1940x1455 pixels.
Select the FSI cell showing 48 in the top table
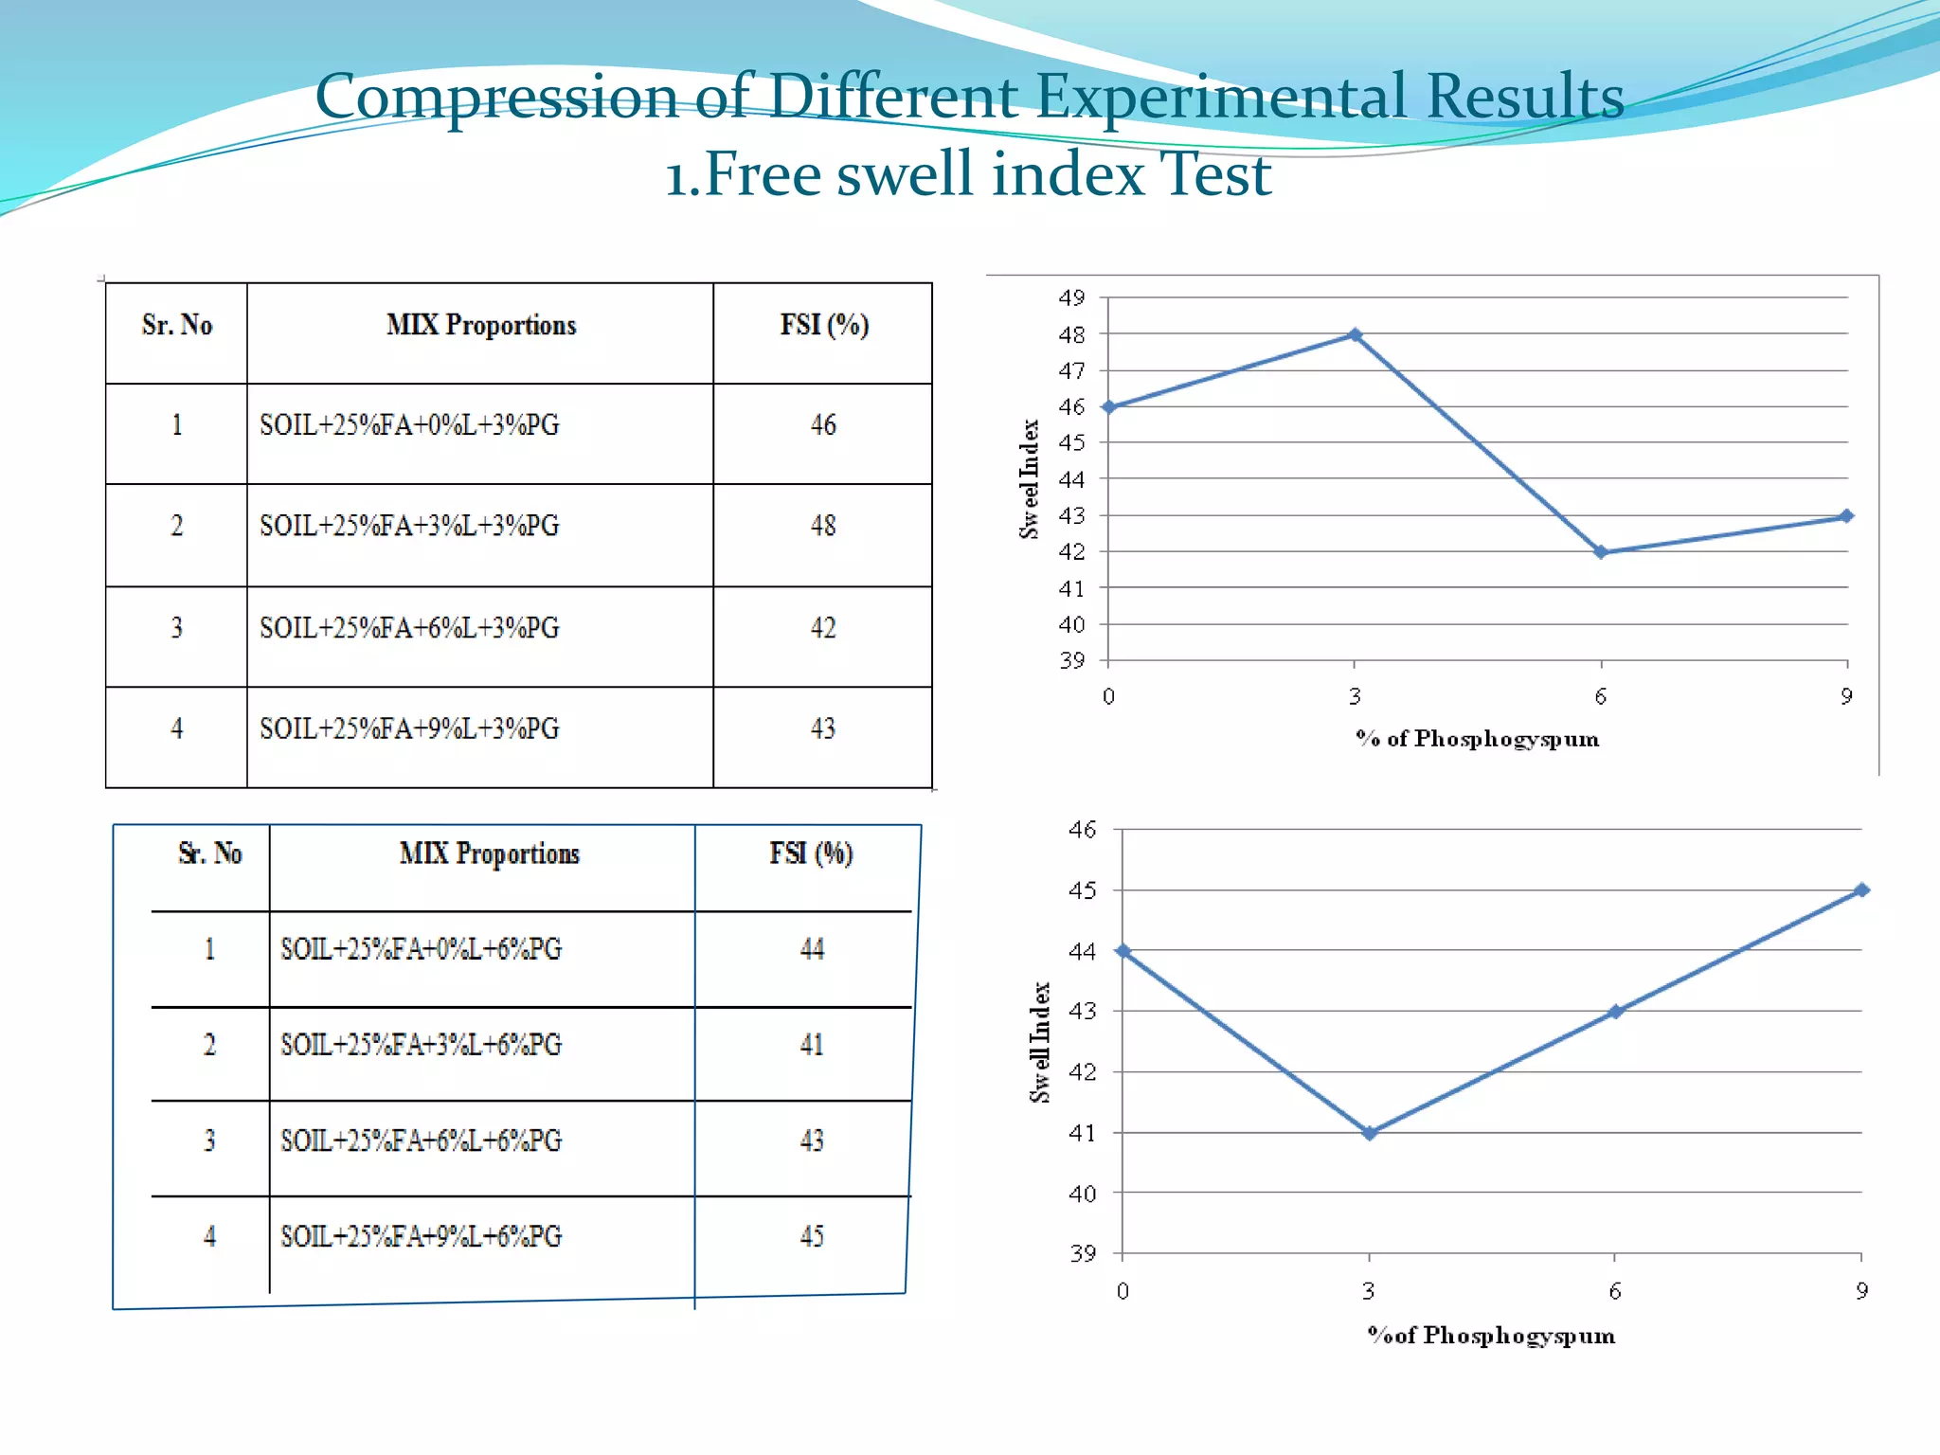point(822,526)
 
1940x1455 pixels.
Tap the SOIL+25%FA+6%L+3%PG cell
point(409,628)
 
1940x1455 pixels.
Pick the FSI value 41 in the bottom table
point(812,1045)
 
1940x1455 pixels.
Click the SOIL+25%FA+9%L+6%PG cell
point(421,1236)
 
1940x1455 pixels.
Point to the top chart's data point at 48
point(1355,334)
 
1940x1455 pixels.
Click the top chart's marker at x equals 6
point(1601,552)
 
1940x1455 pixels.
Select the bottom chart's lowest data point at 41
point(1369,1133)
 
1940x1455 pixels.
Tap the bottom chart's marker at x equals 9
point(1861,890)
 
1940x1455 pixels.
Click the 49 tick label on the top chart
point(1071,298)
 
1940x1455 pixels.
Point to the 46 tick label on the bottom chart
point(1082,831)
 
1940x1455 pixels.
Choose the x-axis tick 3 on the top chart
point(1355,697)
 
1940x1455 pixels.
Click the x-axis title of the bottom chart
point(1491,1336)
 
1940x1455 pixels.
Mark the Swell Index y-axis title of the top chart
point(1030,479)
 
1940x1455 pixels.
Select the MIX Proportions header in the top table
point(481,325)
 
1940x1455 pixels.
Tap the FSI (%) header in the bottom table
point(811,853)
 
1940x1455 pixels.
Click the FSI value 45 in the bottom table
point(812,1236)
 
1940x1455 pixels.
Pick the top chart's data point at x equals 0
point(1109,407)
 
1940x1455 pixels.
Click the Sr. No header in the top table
point(177,325)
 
